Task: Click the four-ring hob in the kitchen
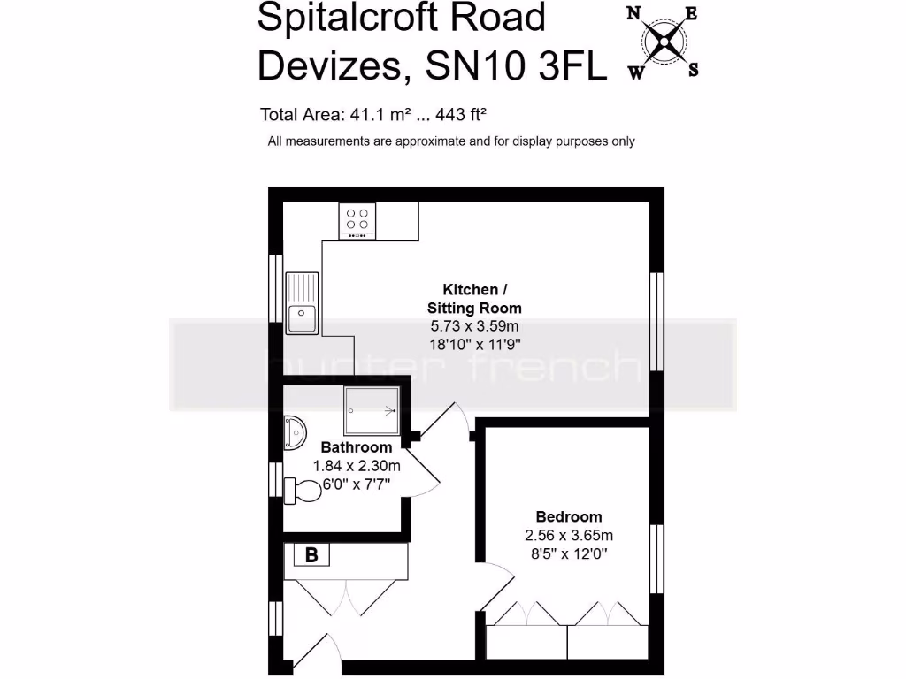point(357,221)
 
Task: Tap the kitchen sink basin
point(302,317)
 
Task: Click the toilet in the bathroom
point(303,489)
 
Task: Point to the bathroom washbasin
point(296,434)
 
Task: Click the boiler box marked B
point(311,555)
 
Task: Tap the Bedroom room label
point(569,517)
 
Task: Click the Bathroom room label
point(356,447)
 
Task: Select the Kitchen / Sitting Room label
point(474,299)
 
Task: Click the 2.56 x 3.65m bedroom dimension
point(569,536)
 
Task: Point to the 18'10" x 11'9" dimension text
point(474,345)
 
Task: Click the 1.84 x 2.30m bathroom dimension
point(357,466)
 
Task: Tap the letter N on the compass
point(633,13)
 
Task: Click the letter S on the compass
point(694,70)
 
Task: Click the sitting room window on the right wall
point(656,320)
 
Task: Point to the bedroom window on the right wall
point(656,559)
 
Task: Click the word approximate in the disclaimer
point(431,141)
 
